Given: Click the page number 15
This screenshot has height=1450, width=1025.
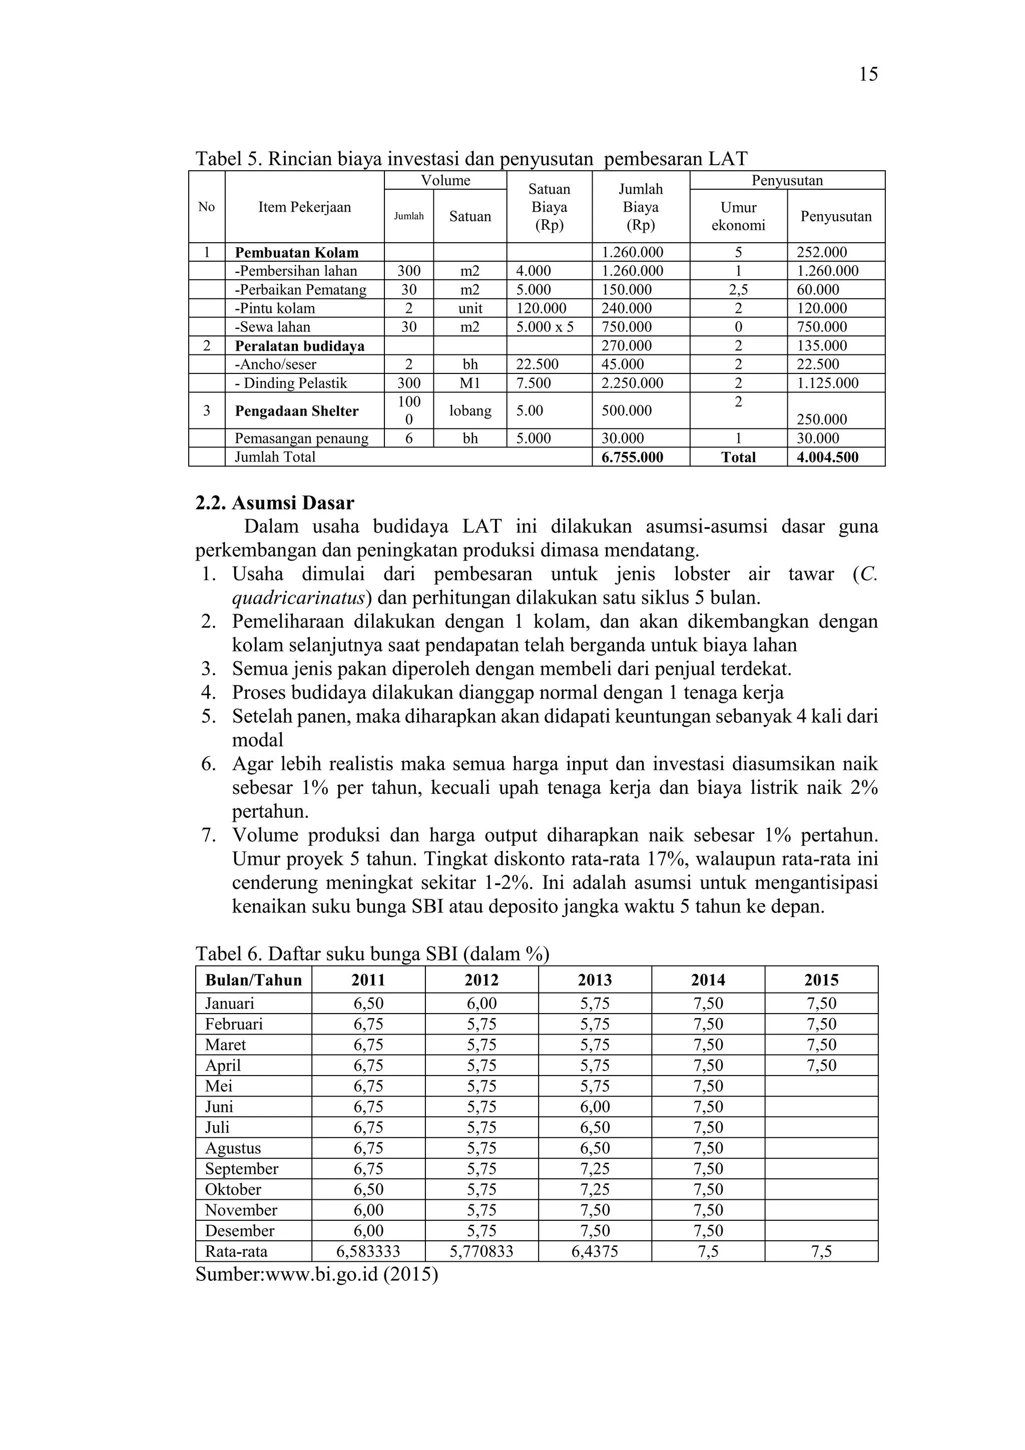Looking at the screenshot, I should (868, 75).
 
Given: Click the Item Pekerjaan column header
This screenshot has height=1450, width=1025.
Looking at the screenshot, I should (304, 207).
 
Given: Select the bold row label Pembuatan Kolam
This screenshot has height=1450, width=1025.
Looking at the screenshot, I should (296, 253).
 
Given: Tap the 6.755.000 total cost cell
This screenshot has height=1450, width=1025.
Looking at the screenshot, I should (632, 457).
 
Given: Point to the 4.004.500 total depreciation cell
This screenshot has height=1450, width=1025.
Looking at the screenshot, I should (827, 457).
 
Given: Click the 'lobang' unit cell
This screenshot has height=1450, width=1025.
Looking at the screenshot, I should (470, 410).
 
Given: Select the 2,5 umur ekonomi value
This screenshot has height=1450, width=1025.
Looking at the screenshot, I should (738, 290).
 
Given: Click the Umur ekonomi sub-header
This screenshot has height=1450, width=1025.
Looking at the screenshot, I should (738, 216).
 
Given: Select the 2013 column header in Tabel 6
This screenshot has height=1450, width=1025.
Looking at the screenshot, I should (594, 980).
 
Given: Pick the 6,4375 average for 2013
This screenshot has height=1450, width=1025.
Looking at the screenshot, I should (594, 1252).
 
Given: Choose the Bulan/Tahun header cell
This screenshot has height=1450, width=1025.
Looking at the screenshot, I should (253, 980).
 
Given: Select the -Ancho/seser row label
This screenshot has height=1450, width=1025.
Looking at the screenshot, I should (275, 364).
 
